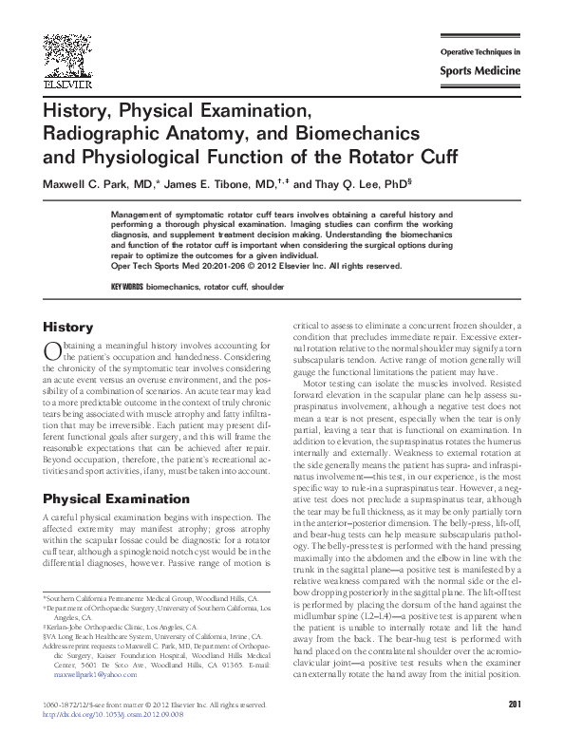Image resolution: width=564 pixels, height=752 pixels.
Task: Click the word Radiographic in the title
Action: point(103,135)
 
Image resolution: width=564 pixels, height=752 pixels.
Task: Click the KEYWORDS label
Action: point(127,286)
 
